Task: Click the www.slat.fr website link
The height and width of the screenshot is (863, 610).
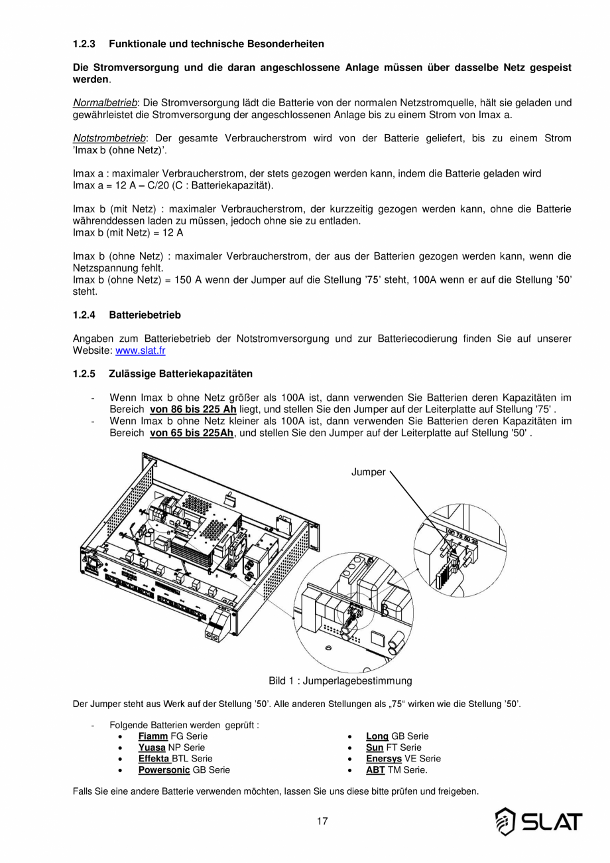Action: click(140, 351)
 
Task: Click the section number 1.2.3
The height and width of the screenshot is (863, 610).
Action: click(84, 44)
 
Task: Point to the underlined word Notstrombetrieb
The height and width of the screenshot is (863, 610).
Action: click(109, 139)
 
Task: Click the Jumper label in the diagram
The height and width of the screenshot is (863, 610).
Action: click(368, 472)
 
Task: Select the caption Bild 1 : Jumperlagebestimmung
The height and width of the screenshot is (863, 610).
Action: click(340, 681)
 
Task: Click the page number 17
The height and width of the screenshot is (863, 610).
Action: click(322, 822)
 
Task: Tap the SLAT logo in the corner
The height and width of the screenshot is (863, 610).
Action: click(538, 822)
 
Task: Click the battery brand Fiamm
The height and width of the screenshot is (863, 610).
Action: click(152, 736)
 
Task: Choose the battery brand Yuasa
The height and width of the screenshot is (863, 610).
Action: click(152, 747)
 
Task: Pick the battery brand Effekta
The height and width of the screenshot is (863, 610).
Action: click(154, 759)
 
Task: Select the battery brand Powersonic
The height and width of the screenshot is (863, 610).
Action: click(164, 770)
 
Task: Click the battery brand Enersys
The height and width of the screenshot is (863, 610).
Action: click(384, 759)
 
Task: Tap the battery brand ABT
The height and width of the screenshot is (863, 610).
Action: click(375, 770)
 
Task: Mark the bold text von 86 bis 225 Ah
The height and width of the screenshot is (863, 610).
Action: click(193, 409)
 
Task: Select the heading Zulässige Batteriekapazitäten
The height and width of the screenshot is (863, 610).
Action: click(180, 374)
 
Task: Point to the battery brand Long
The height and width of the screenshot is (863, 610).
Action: click(377, 736)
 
